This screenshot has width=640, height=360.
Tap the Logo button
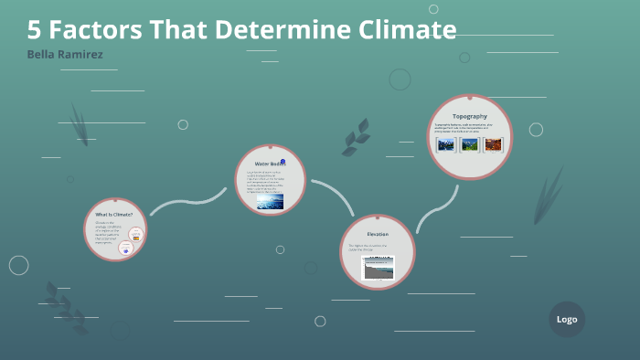point(567,319)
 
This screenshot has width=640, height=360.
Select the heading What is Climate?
point(114,214)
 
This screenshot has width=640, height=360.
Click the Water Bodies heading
point(269,163)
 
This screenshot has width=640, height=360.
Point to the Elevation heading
point(378,234)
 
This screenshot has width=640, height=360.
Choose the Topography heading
point(470,116)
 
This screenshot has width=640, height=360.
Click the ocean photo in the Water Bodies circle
point(269,201)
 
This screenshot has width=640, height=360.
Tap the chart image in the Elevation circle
point(378,268)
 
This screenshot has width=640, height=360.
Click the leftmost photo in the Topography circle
point(446,143)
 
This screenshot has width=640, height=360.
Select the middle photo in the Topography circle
point(470,143)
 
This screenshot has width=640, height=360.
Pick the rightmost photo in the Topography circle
point(494,143)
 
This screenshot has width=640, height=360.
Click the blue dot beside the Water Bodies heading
point(283,162)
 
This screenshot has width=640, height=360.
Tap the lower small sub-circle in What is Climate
point(126,248)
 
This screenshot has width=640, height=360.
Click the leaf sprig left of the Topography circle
point(356,138)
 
